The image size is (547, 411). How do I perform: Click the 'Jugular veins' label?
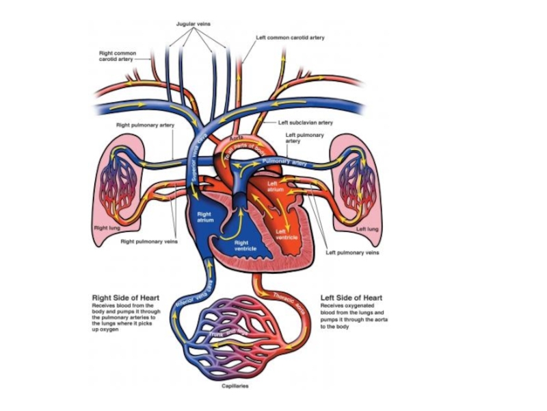pyautogui.click(x=194, y=24)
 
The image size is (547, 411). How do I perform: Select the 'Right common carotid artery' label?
pyautogui.click(x=118, y=56)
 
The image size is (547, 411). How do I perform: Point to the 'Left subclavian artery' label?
pyautogui.click(x=306, y=123)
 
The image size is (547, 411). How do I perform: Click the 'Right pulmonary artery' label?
pyautogui.click(x=146, y=125)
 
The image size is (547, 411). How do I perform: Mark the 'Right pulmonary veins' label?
pyautogui.click(x=149, y=241)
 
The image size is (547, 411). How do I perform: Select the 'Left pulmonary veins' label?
pyautogui.click(x=352, y=252)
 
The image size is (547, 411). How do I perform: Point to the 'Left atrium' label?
pyautogui.click(x=275, y=186)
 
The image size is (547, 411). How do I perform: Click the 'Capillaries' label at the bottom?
pyautogui.click(x=235, y=386)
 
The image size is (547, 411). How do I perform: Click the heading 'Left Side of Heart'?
pyautogui.click(x=351, y=298)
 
